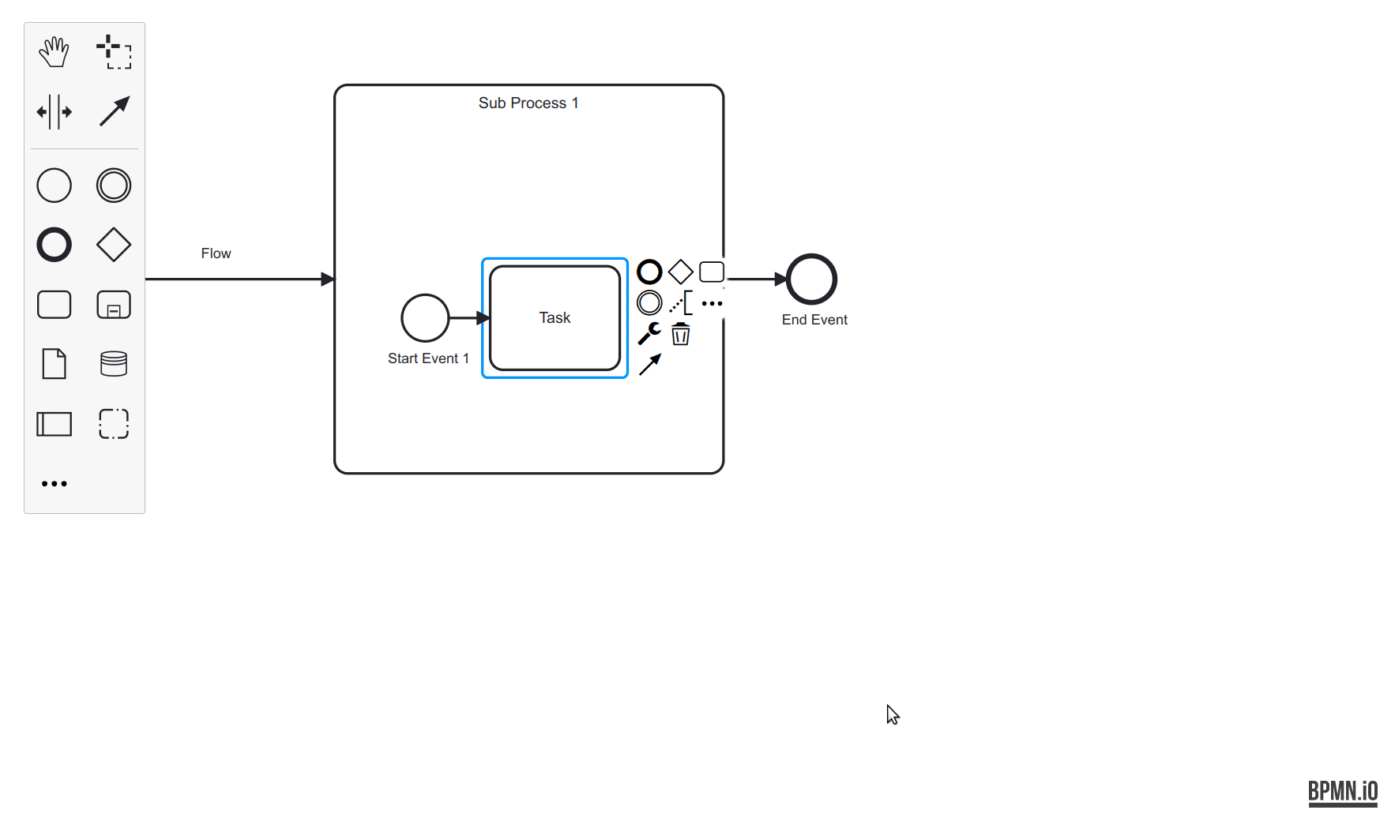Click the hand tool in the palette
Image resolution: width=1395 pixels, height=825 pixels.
tap(54, 52)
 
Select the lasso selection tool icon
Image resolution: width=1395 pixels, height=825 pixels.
tap(114, 52)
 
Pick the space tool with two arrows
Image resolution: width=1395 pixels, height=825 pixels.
tap(54, 112)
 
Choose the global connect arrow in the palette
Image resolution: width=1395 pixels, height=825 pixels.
tap(114, 112)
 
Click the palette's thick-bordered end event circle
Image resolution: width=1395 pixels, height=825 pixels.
tap(54, 245)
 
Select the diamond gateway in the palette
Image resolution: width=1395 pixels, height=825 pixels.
tap(114, 245)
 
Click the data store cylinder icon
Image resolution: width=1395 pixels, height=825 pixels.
tap(114, 364)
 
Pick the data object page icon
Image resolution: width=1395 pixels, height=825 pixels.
tap(54, 364)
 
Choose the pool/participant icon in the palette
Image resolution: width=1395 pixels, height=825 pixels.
tap(54, 424)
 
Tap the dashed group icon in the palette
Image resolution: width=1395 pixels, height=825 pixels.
tap(114, 424)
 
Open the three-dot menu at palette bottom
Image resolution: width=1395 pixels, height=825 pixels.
tap(54, 483)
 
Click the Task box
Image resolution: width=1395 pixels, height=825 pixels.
tap(555, 318)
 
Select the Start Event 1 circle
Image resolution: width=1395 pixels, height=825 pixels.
tap(425, 317)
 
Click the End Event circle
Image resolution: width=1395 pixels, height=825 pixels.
tap(811, 279)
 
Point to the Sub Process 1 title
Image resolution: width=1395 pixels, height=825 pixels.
tap(528, 103)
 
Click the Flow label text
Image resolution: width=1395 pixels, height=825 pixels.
tap(216, 253)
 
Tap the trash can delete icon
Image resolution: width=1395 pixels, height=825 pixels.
tap(680, 334)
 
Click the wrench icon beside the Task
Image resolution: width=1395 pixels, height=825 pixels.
tap(649, 333)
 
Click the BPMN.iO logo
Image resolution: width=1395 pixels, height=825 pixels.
tap(1342, 791)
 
